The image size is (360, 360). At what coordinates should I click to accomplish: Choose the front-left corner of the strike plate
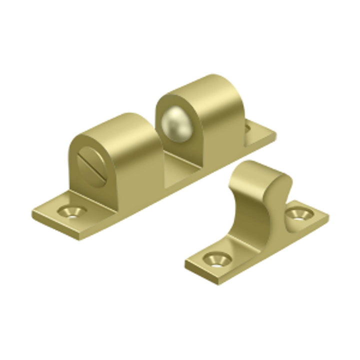(x=187, y=262)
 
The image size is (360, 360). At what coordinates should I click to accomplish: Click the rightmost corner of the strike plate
(x=328, y=218)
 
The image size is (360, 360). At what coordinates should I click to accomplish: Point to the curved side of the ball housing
(x=225, y=120)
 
